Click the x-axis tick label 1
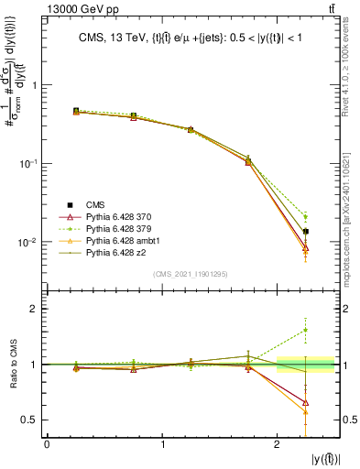tap(162, 444)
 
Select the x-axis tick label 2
tap(278, 444)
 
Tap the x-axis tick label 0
tap(47, 444)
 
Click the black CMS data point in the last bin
tap(306, 231)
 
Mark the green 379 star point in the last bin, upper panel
tap(306, 217)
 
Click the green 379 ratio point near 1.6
tap(306, 330)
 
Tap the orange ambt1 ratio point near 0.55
tap(306, 412)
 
